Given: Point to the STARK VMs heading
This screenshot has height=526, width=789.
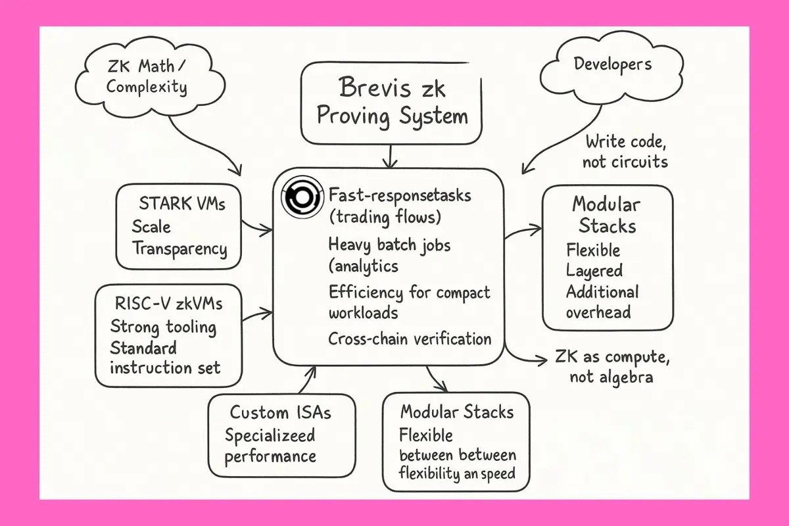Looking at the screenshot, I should [182, 203].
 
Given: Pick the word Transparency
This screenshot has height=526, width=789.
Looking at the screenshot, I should [179, 249].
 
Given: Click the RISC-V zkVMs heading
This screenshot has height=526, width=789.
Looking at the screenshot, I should [168, 304].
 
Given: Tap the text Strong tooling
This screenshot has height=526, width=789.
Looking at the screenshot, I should [163, 325].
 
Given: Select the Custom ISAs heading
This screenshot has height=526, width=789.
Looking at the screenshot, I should [280, 412].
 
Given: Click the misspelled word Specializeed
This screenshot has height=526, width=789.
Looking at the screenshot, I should [270, 435].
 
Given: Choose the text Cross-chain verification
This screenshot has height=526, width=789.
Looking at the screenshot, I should [410, 339].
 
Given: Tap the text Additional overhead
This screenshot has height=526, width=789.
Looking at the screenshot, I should [602, 301].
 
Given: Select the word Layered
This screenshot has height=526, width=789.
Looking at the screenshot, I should [594, 270].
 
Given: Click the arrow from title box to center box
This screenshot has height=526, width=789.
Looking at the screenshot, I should [391, 156].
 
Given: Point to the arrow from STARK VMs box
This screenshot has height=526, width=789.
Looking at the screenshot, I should [258, 227].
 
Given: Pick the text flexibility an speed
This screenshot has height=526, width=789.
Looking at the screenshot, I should [457, 473].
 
